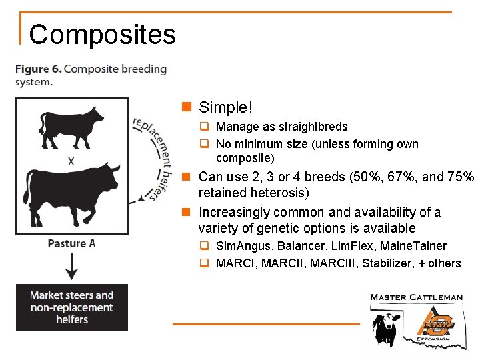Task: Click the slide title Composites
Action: (102, 35)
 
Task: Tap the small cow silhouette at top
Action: (71, 127)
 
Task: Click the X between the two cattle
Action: (71, 161)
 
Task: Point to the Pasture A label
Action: (71, 243)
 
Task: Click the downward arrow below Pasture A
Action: (71, 267)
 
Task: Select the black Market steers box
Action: (72, 307)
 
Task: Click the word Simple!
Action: (226, 107)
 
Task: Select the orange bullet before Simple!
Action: (187, 107)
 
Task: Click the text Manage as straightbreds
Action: (282, 127)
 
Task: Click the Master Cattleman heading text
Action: (416, 297)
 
